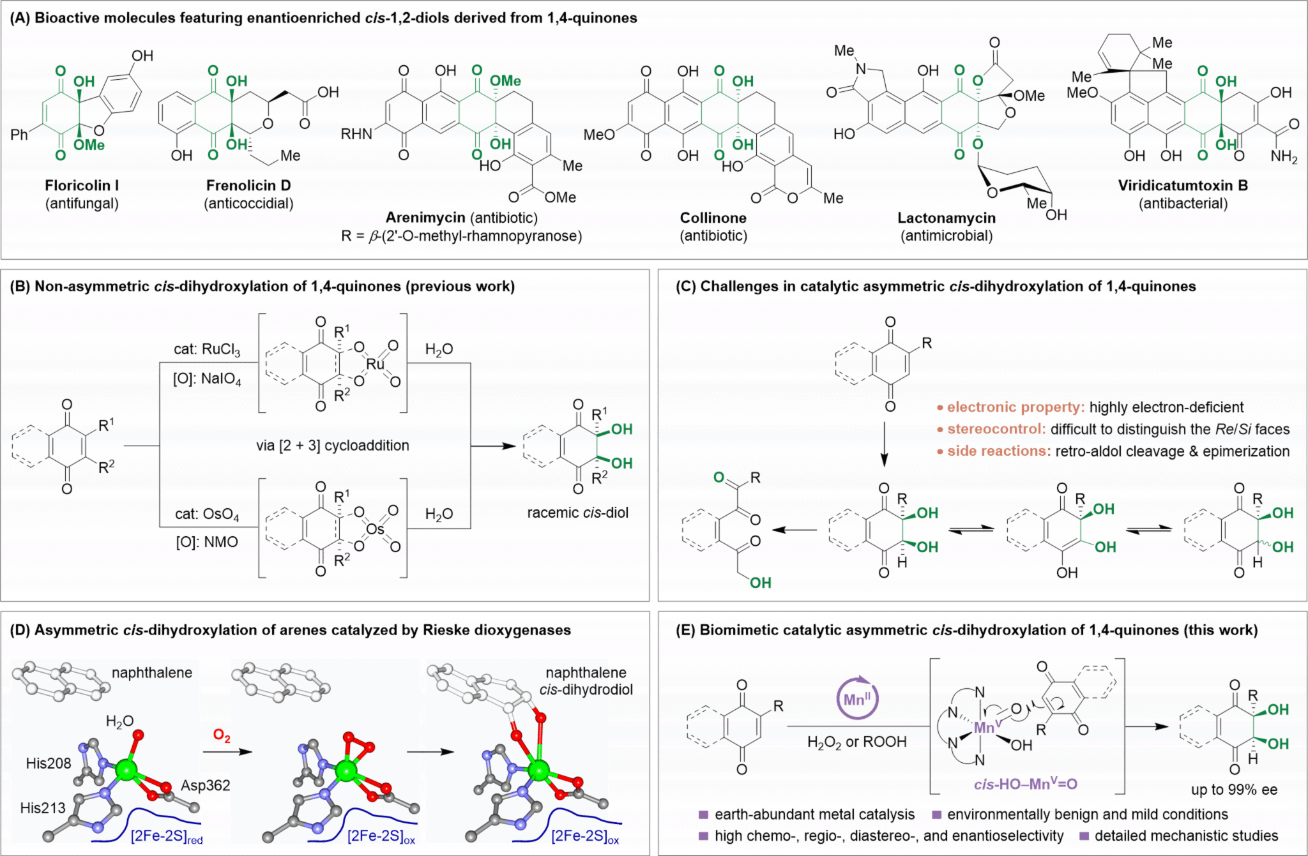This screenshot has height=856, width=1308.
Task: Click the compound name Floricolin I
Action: point(82,186)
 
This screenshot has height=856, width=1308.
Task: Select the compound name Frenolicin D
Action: point(248,186)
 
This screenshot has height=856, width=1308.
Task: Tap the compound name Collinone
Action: point(713,218)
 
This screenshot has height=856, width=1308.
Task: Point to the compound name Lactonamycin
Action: point(946,218)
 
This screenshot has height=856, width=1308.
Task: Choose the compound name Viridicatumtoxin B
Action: point(1183,186)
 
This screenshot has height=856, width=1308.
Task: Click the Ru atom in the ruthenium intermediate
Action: point(376,364)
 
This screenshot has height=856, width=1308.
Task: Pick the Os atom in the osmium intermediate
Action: point(376,529)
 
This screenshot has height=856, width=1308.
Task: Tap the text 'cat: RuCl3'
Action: point(207,350)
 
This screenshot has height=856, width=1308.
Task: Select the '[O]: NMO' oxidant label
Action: point(207,543)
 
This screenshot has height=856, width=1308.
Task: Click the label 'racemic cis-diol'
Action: point(577,513)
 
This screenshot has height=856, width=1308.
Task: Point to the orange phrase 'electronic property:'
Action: point(1015,407)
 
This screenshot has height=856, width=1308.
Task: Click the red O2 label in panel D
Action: point(222,736)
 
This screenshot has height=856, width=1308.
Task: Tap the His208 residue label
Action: point(49,763)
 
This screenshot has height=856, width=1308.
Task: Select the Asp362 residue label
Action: point(205,786)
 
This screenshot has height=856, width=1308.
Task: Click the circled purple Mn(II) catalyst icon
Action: point(857,699)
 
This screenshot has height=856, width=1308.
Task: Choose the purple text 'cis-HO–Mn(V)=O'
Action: point(1025,785)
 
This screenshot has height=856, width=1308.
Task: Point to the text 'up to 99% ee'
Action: point(1234,790)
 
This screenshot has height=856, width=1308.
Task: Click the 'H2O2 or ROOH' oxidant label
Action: point(857,742)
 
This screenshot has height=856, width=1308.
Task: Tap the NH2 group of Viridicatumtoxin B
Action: point(1284,156)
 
